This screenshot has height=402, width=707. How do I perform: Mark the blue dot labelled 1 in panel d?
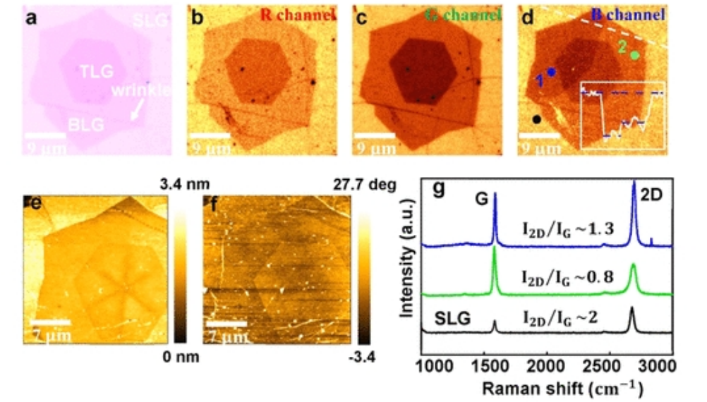click(x=551, y=72)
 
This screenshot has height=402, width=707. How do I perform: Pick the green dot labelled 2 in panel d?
click(x=635, y=55)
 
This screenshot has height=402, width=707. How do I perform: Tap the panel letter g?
click(x=439, y=191)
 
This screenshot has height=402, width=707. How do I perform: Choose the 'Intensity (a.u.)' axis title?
click(x=407, y=268)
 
